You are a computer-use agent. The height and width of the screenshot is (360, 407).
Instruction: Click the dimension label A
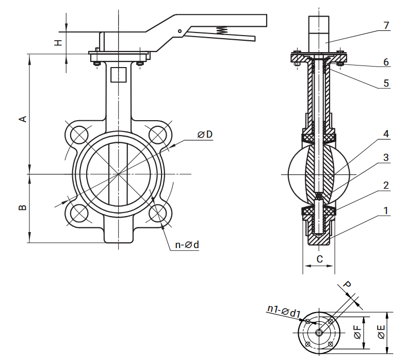pyautogui.click(x=23, y=119)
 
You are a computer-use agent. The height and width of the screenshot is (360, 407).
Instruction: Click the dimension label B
pyautogui.click(x=23, y=207)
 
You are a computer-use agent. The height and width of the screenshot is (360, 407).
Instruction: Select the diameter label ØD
pyautogui.click(x=205, y=135)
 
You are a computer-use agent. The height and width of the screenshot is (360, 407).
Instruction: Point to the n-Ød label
pyautogui.click(x=187, y=245)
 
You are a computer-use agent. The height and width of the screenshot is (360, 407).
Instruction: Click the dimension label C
pyautogui.click(x=320, y=259)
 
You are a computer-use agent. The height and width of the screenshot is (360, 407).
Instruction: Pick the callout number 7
pyautogui.click(x=386, y=25)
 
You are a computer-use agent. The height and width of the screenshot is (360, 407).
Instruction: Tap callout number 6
pyautogui.click(x=386, y=62)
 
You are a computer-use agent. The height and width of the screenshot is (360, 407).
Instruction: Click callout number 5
pyautogui.click(x=386, y=83)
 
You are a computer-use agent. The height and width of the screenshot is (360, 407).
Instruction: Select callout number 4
pyautogui.click(x=386, y=134)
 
